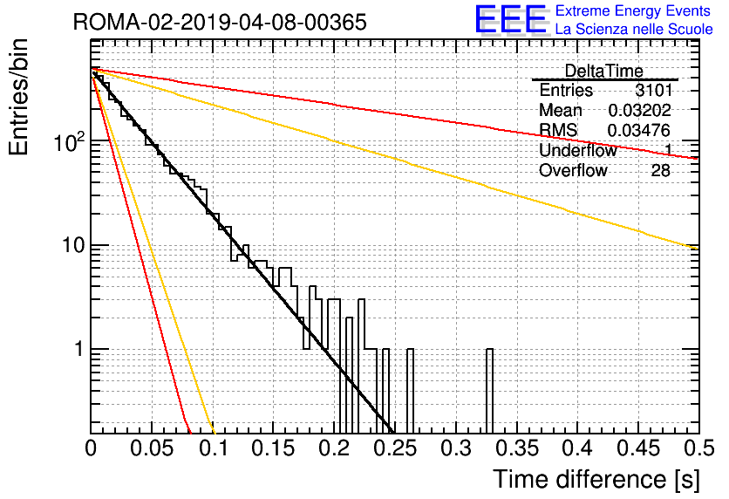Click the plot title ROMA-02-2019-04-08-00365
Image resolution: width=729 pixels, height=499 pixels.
coord(220,22)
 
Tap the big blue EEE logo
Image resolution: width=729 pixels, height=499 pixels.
coord(511,19)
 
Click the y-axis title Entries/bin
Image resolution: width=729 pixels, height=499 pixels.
coord(19,97)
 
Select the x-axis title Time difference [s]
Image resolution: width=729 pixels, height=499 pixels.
coord(596,480)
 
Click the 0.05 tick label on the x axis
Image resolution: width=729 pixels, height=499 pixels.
coord(152,448)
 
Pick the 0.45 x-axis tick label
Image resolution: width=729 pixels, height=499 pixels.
coord(638,448)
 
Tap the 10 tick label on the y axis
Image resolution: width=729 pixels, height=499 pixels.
coord(74,245)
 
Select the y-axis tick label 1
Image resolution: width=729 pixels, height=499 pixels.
coord(79,349)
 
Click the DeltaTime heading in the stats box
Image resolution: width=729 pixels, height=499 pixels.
coord(604,71)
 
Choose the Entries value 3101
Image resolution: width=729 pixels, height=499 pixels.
coord(654,90)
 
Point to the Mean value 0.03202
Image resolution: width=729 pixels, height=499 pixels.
coord(640,110)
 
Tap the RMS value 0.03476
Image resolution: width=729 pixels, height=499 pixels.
coord(639,130)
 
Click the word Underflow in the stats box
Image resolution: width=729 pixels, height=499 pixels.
coord(578,150)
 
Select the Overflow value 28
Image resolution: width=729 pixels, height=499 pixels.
coord(661,170)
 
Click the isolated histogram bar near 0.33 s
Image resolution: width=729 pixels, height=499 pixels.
coord(489,391)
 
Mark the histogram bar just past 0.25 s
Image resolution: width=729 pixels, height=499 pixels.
coord(410,391)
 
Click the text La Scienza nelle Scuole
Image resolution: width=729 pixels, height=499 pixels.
coord(634,29)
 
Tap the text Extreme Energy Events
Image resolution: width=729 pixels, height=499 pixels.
coord(633,10)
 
